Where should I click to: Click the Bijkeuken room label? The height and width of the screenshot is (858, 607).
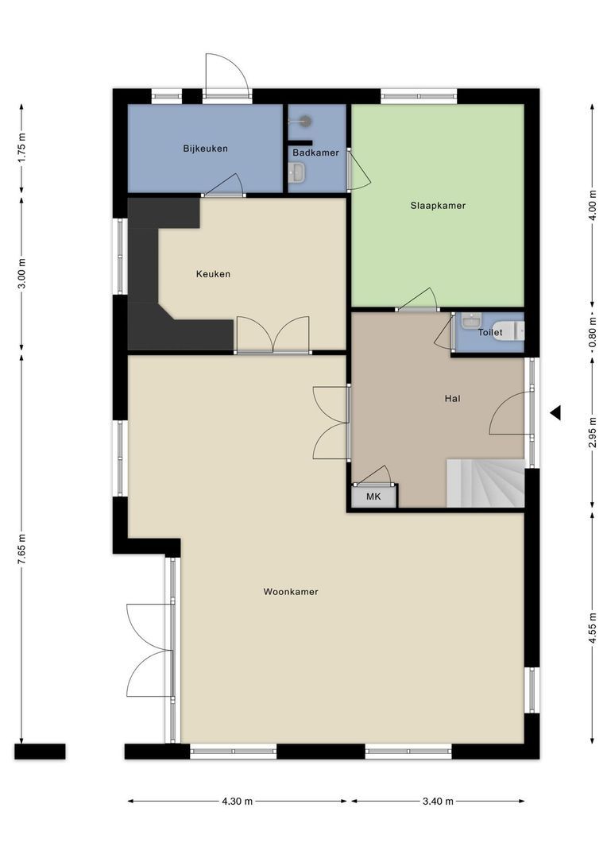(x=205, y=149)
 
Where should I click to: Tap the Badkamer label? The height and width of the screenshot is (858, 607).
(x=315, y=153)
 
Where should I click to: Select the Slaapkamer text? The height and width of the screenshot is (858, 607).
(x=438, y=205)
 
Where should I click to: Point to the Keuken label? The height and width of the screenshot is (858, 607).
(x=213, y=274)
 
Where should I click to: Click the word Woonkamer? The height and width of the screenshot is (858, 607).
(x=291, y=591)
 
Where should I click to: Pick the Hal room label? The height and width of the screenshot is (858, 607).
(x=453, y=398)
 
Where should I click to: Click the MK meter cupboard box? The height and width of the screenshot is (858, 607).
(x=373, y=497)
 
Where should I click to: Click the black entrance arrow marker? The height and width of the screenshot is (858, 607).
(x=555, y=412)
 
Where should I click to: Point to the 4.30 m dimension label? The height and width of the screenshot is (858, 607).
(x=238, y=802)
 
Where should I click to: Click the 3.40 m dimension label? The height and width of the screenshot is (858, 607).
(x=438, y=802)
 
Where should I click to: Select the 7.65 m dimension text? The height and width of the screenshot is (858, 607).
(x=22, y=548)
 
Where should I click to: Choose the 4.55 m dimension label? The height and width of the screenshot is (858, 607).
(x=593, y=628)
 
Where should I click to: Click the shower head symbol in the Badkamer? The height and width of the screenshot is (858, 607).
(x=306, y=121)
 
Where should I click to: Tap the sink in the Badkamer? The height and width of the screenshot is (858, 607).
(x=297, y=172)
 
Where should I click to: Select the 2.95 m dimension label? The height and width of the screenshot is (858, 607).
(x=593, y=433)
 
